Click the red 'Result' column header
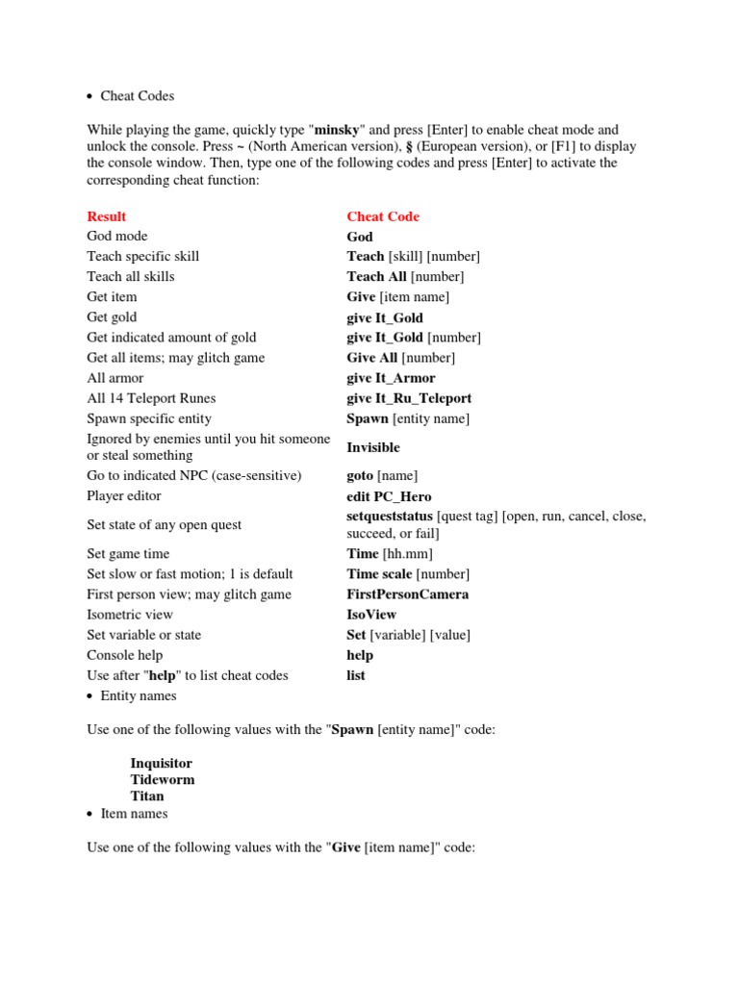106,216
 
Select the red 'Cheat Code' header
383,216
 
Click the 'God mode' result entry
117,236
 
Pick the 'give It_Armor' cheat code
391,378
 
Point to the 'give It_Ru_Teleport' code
409,398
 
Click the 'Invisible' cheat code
373,447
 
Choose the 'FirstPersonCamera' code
408,594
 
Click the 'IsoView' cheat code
371,615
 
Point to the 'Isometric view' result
130,615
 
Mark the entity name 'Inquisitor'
162,764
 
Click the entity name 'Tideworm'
163,780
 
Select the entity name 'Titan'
147,796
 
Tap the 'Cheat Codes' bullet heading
138,96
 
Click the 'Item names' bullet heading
134,814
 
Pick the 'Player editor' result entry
124,496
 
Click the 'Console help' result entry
122,655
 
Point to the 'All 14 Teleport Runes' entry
151,398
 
